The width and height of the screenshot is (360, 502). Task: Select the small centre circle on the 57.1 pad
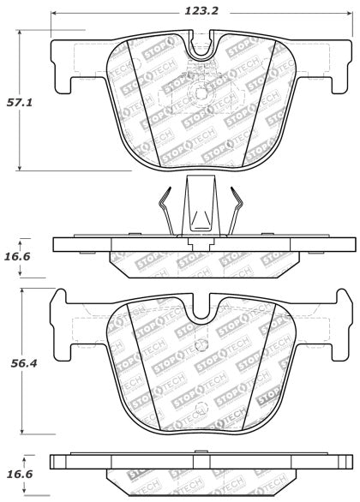199,95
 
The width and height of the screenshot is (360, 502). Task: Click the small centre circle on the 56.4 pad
199,408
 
